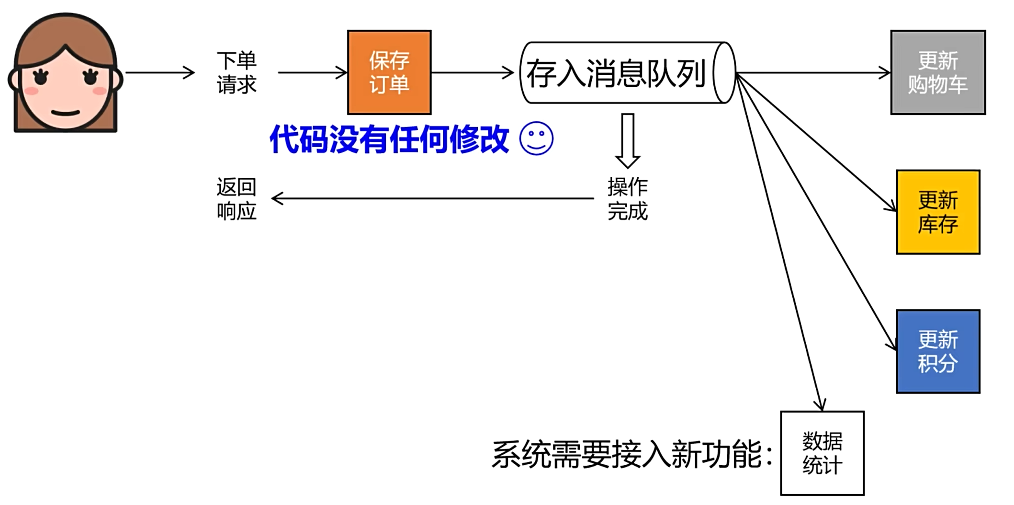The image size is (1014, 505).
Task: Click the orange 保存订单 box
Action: (x=389, y=72)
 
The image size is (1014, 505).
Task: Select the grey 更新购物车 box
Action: (x=937, y=72)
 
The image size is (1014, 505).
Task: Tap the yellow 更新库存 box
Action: (x=937, y=212)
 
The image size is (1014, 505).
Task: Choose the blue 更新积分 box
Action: (x=937, y=351)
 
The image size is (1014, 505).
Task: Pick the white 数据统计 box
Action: (x=822, y=453)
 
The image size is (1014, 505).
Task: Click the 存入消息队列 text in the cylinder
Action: (x=616, y=73)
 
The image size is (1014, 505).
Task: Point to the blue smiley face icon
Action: (x=536, y=138)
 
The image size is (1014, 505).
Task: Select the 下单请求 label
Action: (x=237, y=72)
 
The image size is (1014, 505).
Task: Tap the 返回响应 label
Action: (x=237, y=198)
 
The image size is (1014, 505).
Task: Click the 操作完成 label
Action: (x=627, y=198)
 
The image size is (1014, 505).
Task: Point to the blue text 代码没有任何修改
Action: (x=389, y=139)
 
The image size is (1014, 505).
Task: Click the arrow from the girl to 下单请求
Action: (x=160, y=73)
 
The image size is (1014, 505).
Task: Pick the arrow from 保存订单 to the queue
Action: (x=472, y=73)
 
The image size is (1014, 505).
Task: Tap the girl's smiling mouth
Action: (x=66, y=114)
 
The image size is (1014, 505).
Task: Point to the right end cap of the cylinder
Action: (x=724, y=73)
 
